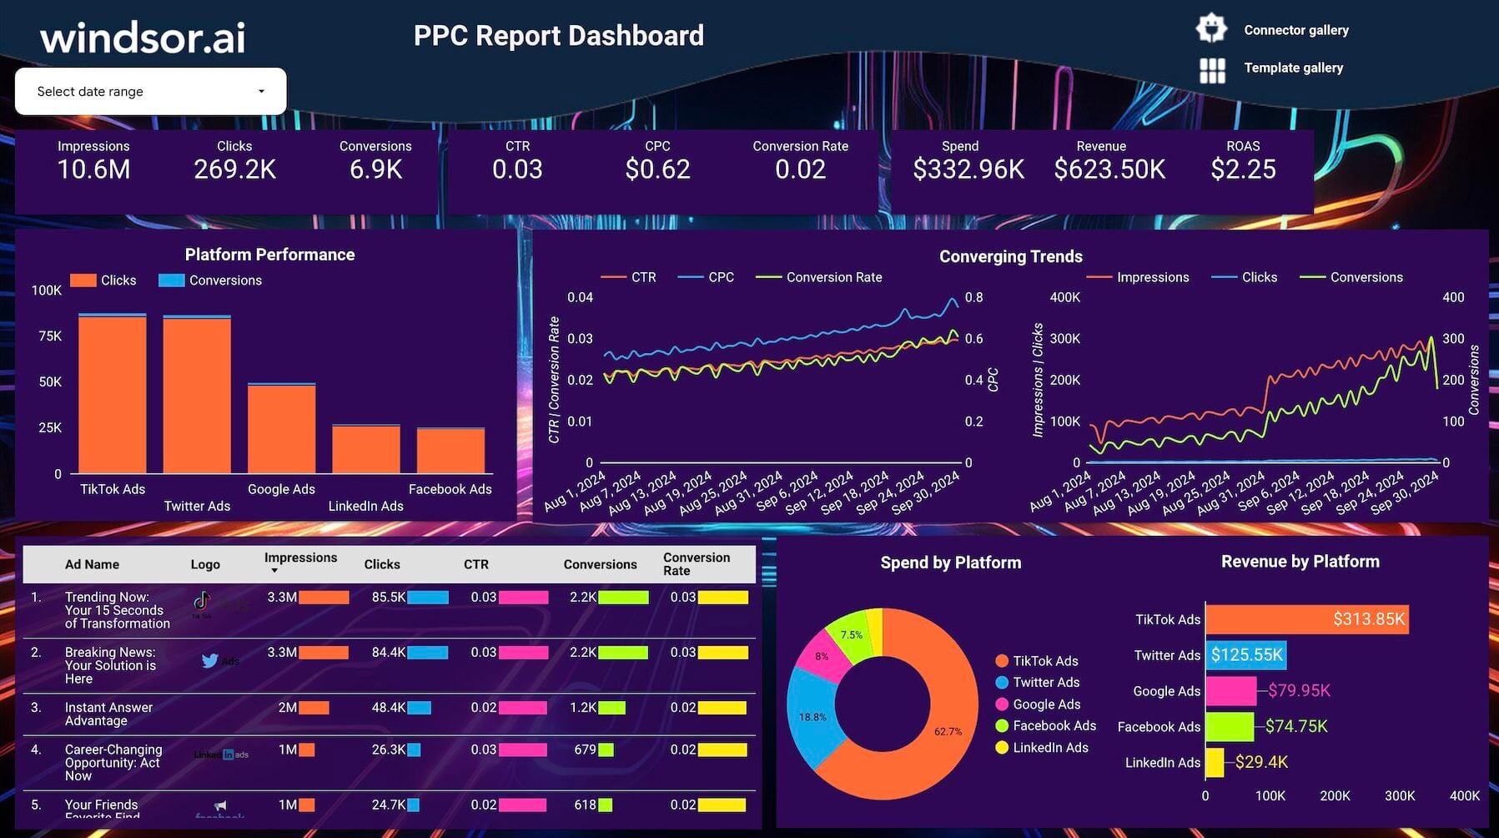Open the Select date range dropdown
pyautogui.click(x=150, y=91)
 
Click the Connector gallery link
pyautogui.click(x=1295, y=30)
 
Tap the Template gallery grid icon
pyautogui.click(x=1212, y=70)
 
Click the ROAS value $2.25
pyautogui.click(x=1243, y=169)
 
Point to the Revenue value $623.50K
pyautogui.click(x=1109, y=169)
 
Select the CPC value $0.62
pyautogui.click(x=657, y=169)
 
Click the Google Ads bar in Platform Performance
pyautogui.click(x=281, y=429)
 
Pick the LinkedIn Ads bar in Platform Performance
pyautogui.click(x=365, y=450)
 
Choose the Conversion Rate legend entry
pyautogui.click(x=833, y=277)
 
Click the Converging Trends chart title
pyautogui.click(x=1010, y=256)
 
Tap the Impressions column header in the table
pyautogui.click(x=300, y=558)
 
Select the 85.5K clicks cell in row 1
pyautogui.click(x=389, y=598)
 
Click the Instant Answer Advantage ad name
pyautogui.click(x=108, y=714)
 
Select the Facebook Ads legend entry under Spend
pyautogui.click(x=1054, y=726)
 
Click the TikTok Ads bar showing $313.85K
pyautogui.click(x=1306, y=619)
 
